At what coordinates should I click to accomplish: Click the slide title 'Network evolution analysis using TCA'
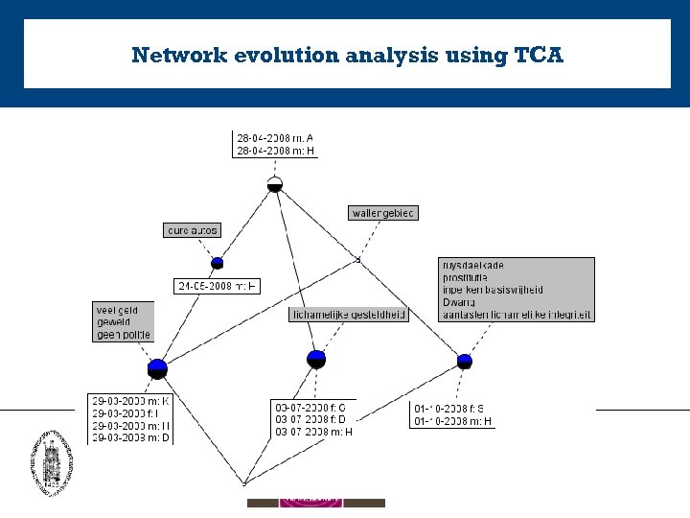(347, 55)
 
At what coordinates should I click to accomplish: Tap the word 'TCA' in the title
(539, 55)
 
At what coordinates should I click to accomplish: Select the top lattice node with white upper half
(275, 183)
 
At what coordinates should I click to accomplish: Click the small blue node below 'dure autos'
(218, 263)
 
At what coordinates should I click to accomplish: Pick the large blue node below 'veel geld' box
(158, 367)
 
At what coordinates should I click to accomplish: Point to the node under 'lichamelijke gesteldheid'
(317, 359)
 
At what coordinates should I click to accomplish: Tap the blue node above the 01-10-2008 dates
(465, 361)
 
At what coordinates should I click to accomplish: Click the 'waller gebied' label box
(383, 213)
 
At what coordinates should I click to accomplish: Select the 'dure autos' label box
(193, 230)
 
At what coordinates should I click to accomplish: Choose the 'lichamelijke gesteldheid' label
(348, 314)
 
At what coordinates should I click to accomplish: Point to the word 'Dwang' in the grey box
(459, 302)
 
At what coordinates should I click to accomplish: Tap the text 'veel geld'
(118, 310)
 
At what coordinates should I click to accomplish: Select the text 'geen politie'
(124, 335)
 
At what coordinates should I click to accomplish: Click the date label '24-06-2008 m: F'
(218, 286)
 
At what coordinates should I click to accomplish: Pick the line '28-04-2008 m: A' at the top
(275, 138)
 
